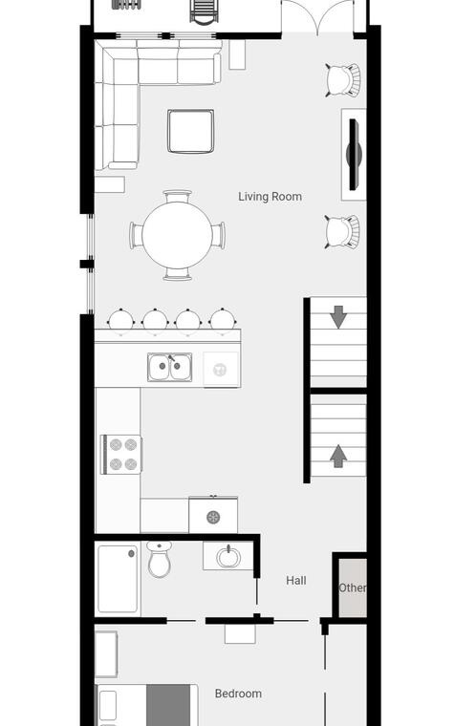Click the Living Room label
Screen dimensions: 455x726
pyautogui.click(x=270, y=197)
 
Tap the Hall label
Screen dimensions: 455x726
pyautogui.click(x=296, y=580)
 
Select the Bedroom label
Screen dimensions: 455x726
pyautogui.click(x=238, y=694)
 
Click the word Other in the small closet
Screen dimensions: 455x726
pyautogui.click(x=353, y=587)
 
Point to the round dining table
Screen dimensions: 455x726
pyautogui.click(x=177, y=235)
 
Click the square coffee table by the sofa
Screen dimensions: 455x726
pyautogui.click(x=191, y=131)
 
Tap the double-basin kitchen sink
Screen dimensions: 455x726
pyautogui.click(x=169, y=367)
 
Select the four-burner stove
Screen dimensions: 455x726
pyautogui.click(x=121, y=454)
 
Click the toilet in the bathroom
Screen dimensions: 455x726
pyautogui.click(x=160, y=560)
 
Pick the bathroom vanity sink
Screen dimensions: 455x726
pyautogui.click(x=227, y=557)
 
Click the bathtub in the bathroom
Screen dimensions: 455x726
pyautogui.click(x=118, y=579)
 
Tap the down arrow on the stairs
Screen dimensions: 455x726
pyautogui.click(x=338, y=317)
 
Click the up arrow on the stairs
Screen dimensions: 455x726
pyautogui.click(x=338, y=456)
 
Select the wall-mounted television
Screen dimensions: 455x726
pyautogui.click(x=355, y=154)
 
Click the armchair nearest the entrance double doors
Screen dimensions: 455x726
pyautogui.click(x=343, y=80)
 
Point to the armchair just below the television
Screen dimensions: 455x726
pyautogui.click(x=343, y=231)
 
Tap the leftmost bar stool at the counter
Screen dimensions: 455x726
pyautogui.click(x=121, y=320)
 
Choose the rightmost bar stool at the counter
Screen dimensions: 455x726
pyautogui.click(x=223, y=320)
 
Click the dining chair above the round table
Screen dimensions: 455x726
pyautogui.click(x=177, y=197)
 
